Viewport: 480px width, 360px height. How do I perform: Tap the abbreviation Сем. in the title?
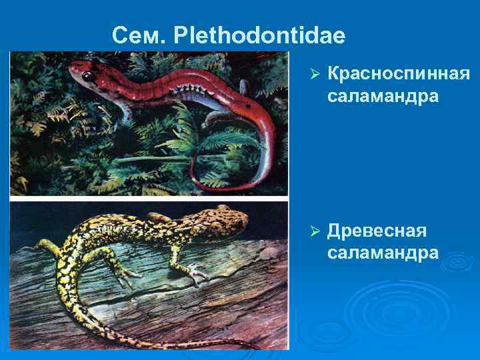point(138,35)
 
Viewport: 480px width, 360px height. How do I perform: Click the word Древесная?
point(377,231)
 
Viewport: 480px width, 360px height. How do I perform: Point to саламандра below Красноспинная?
point(383,97)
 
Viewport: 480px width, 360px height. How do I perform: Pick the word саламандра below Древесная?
point(383,253)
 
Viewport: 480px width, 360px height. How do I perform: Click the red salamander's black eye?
point(87,75)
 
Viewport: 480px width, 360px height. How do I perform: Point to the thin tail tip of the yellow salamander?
point(253,346)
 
